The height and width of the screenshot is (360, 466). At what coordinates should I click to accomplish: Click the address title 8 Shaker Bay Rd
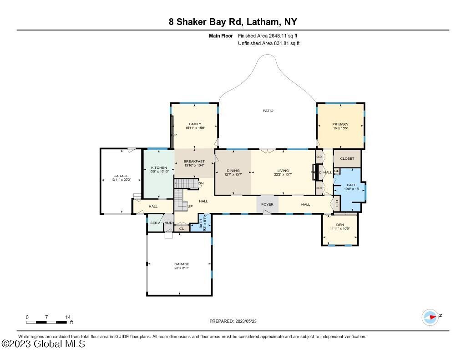[x=233, y=22]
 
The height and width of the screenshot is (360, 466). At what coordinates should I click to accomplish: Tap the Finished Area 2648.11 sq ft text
[x=268, y=35]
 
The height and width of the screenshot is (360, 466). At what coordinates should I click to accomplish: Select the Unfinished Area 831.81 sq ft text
[x=268, y=44]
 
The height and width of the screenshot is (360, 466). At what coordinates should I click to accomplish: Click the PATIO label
[x=268, y=111]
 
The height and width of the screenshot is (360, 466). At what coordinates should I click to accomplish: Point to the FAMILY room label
[x=195, y=124]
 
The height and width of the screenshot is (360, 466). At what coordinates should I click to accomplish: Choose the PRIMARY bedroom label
[x=340, y=124]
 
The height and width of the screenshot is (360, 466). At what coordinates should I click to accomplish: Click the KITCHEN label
[x=159, y=167]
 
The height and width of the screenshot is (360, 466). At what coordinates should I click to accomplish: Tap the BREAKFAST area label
[x=194, y=162]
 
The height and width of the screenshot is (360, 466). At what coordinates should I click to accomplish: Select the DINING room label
[x=233, y=171]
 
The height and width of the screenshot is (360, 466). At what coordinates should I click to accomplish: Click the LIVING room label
[x=283, y=171]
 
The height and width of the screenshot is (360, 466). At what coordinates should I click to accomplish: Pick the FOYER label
[x=267, y=204]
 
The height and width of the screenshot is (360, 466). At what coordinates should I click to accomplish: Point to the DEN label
[x=340, y=225]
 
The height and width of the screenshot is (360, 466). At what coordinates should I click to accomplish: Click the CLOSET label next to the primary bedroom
[x=347, y=158]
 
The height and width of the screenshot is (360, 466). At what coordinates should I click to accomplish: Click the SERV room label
[x=154, y=223]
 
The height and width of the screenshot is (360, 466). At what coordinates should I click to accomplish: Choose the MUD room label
[x=168, y=223]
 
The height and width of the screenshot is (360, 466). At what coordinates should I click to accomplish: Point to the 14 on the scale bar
[x=67, y=317]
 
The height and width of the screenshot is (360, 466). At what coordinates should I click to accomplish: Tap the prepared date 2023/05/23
[x=236, y=321]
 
